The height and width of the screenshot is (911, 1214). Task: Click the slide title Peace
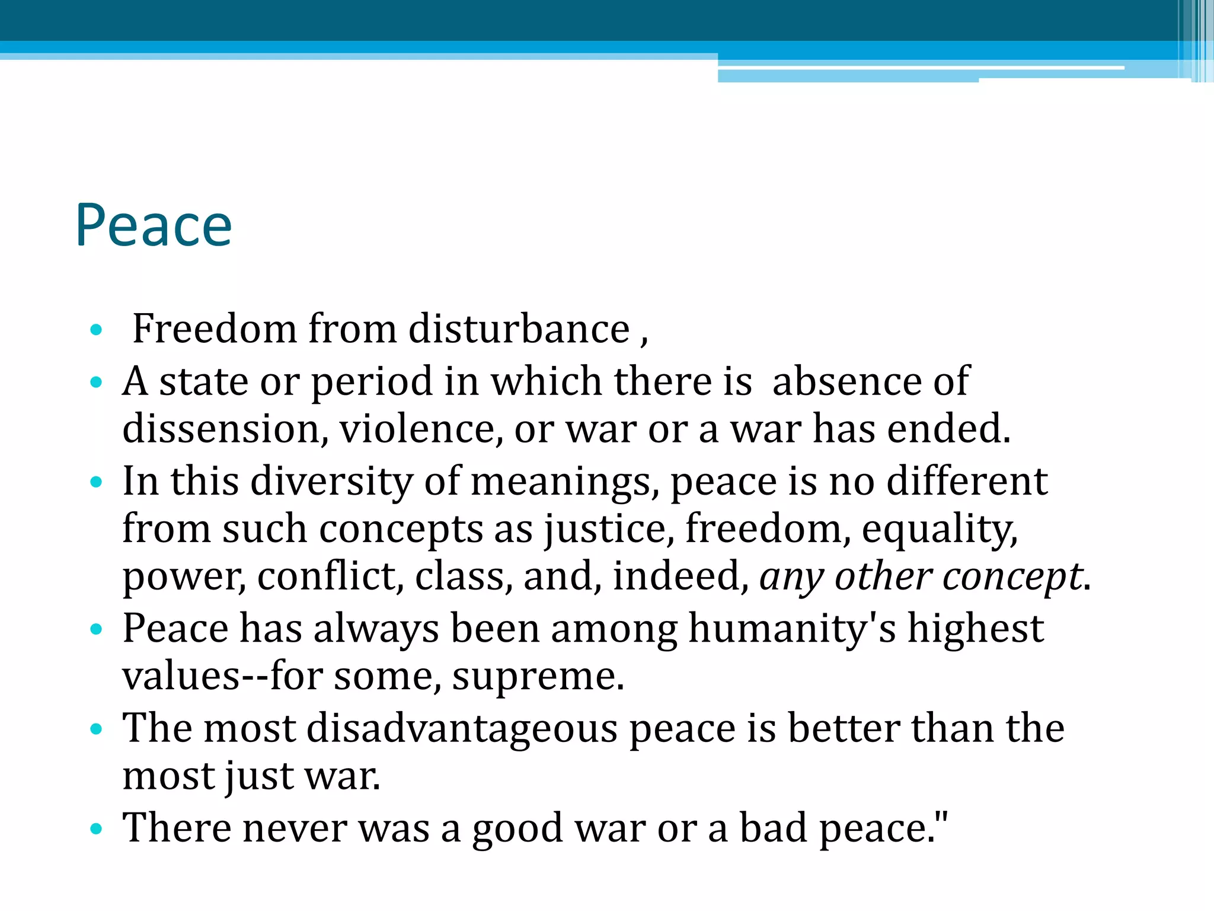click(154, 225)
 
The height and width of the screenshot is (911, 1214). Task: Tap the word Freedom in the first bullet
click(214, 329)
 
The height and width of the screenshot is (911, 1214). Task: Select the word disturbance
click(519, 329)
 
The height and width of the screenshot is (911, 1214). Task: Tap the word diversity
click(331, 481)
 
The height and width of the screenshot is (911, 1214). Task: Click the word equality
click(940, 529)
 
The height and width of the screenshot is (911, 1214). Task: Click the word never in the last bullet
click(295, 828)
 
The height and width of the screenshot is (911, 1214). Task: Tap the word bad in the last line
click(773, 828)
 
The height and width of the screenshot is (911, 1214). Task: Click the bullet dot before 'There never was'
click(96, 829)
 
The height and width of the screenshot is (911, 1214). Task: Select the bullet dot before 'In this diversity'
click(96, 482)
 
